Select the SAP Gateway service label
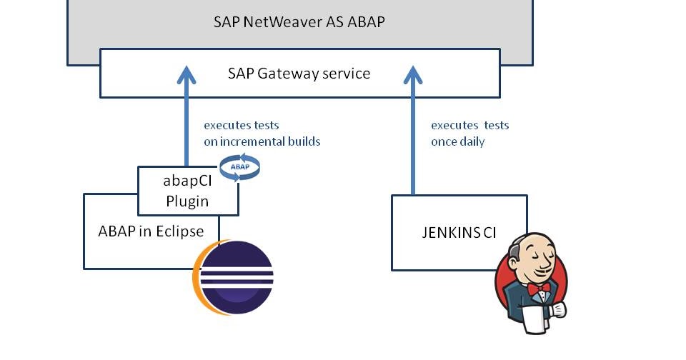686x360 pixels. tap(299, 73)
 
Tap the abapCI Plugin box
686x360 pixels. tap(187, 191)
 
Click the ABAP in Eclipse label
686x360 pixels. tap(151, 231)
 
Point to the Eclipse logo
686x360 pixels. tap(234, 275)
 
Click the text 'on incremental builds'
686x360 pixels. tap(262, 141)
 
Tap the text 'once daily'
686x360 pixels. tap(457, 141)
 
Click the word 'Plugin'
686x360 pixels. tap(187, 201)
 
